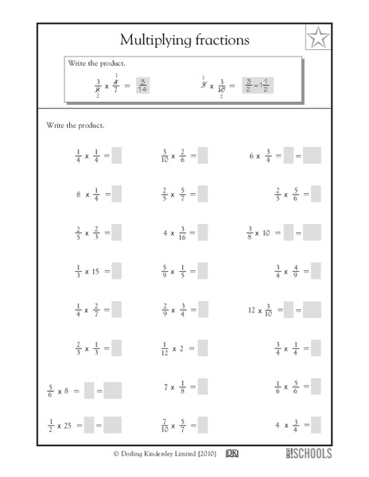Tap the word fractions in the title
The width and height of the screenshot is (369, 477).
[219, 39]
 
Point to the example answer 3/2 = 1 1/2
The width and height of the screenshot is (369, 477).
[257, 85]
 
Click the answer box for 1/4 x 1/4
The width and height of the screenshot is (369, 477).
[116, 157]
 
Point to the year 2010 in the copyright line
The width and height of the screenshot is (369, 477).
[205, 456]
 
